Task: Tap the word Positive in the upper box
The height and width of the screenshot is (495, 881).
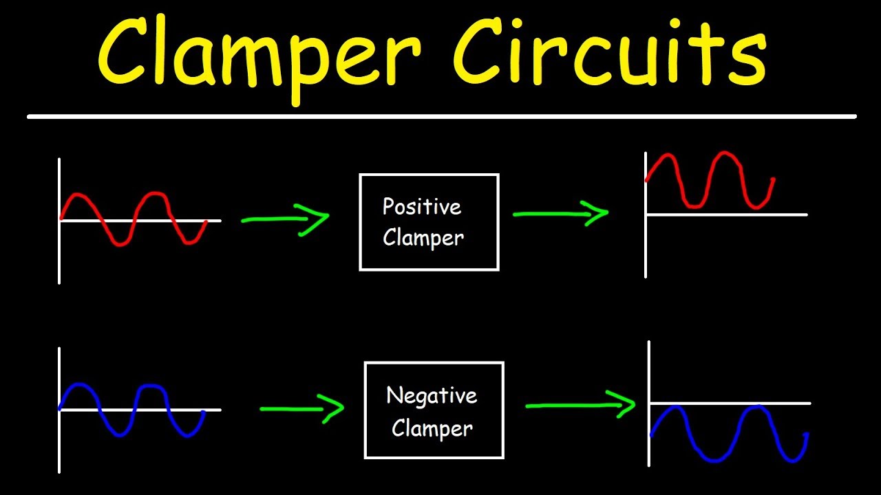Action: click(421, 206)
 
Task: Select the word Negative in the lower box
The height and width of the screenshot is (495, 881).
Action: click(432, 395)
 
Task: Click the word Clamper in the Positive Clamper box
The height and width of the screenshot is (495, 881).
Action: click(423, 238)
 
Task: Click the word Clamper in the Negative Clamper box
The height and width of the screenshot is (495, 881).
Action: click(432, 428)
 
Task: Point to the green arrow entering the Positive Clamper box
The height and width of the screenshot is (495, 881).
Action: click(285, 219)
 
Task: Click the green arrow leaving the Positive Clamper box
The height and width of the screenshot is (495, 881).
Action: click(560, 213)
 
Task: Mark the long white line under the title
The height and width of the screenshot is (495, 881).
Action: click(440, 117)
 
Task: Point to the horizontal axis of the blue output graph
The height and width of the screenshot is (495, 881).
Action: click(757, 403)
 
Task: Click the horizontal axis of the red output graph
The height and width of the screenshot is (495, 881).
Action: click(757, 214)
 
